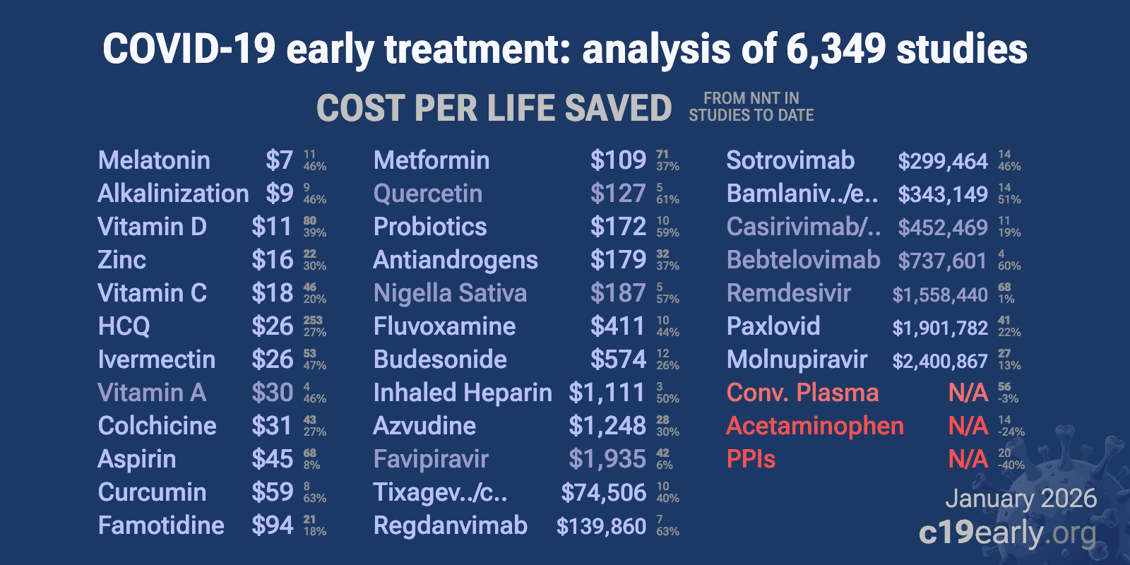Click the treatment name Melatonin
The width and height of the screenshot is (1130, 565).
coord(154,160)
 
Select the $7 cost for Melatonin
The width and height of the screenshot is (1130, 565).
coord(279,160)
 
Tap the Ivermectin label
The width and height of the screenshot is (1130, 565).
coord(156,359)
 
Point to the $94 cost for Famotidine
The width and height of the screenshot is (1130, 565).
coord(272,525)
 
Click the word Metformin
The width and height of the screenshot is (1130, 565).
coord(431,160)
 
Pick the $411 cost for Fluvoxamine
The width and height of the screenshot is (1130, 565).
coord(617,326)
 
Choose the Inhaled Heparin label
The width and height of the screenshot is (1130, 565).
coord(462,393)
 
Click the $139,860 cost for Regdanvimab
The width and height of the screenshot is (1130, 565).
coord(601,526)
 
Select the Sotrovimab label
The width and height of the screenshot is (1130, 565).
coord(790,160)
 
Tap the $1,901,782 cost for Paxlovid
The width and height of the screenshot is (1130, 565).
coord(939,328)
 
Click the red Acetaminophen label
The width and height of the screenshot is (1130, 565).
coord(814,426)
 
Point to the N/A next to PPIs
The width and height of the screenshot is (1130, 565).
coord(968,459)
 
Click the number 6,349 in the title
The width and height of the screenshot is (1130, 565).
coord(835,49)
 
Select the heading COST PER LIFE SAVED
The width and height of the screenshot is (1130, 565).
coord(494,108)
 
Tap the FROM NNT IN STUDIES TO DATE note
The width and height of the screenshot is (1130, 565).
coord(751,107)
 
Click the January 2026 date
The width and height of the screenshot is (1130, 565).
coord(1021,499)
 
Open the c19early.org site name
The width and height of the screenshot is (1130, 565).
coord(1007,533)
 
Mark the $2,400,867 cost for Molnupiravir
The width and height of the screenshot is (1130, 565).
coord(939,361)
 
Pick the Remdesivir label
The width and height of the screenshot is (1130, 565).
coord(788,293)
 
